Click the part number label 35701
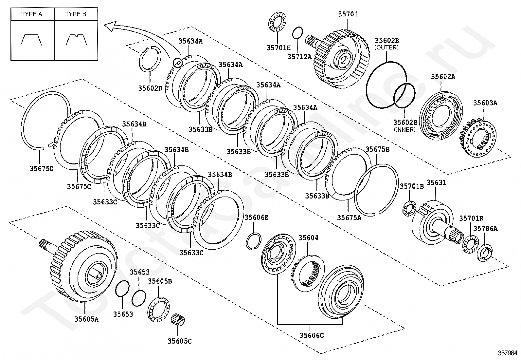coord(348,14)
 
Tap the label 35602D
coord(150,88)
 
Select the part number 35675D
coord(41,169)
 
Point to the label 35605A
coord(86,319)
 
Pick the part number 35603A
coord(485,103)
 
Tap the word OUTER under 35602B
coord(386,47)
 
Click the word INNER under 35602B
coord(404,129)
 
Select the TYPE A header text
coord(32,14)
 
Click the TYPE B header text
coord(76,14)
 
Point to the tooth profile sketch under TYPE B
coord(76,39)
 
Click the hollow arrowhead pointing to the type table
coord(111,26)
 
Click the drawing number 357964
coord(508,353)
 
